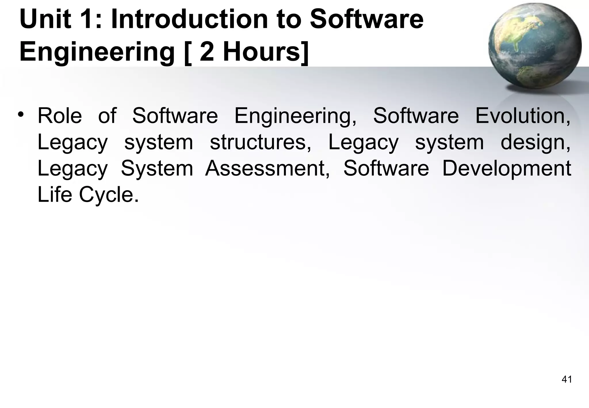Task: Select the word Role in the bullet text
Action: point(60,116)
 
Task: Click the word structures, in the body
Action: point(261,142)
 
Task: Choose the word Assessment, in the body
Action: point(267,168)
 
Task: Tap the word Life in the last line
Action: point(55,195)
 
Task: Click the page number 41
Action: point(567,380)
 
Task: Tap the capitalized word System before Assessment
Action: point(157,169)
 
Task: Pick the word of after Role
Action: point(107,116)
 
